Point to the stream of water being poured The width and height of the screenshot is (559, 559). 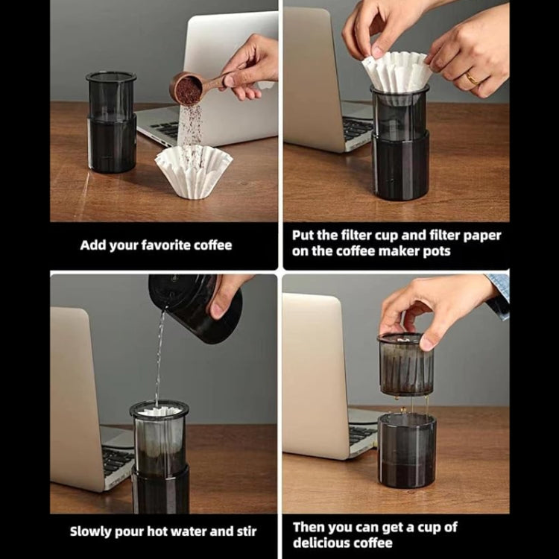click(x=160, y=358)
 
